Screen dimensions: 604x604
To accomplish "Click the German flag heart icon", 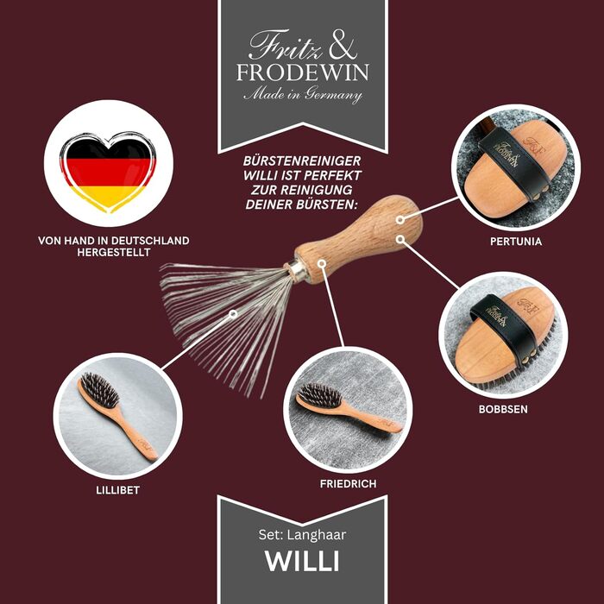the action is point(108,172).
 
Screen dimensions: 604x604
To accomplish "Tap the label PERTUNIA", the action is point(516,242).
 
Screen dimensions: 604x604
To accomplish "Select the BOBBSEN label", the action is point(503,409).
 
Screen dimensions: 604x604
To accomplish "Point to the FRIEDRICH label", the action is point(348,483).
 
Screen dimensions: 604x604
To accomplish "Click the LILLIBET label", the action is point(118,490).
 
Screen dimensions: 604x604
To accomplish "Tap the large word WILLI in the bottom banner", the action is point(302,561).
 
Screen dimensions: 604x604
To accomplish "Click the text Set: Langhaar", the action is point(302,535).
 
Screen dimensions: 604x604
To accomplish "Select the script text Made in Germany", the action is point(303,95).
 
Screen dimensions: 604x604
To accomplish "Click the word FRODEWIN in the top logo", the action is point(303,72).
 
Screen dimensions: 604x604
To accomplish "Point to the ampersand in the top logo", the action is point(343,46).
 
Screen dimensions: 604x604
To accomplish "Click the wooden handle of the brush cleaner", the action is point(358,238).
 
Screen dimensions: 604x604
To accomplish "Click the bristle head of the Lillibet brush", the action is point(99,389).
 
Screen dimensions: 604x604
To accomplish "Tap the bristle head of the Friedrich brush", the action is point(320,395).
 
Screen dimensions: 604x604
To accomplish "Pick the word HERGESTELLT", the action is point(114,252).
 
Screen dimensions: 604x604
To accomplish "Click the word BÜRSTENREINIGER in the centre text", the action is point(302,160).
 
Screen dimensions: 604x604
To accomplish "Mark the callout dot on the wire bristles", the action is point(233,314).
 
